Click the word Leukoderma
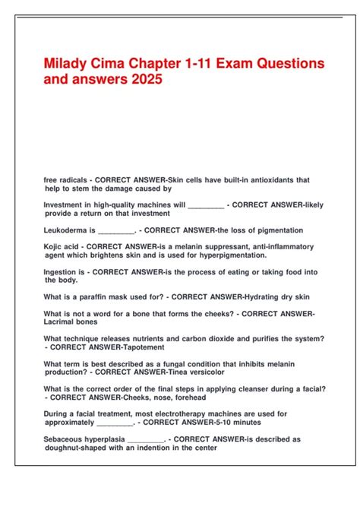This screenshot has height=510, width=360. (x=66, y=230)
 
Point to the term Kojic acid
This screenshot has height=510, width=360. (x=61, y=247)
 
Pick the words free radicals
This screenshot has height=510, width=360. (x=65, y=180)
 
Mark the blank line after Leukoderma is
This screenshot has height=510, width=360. (x=115, y=230)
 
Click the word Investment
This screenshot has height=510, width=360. (x=66, y=204)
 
